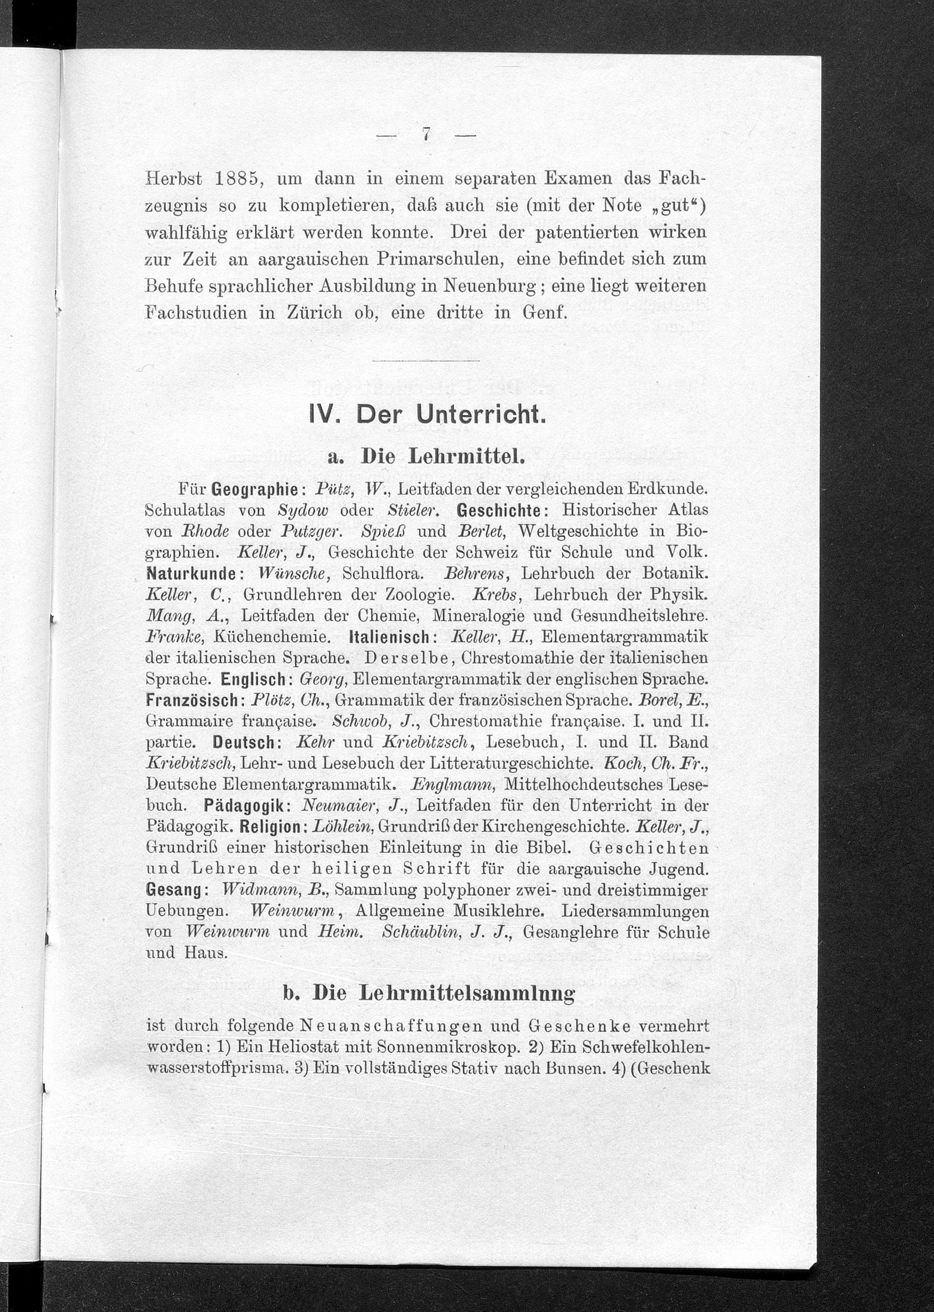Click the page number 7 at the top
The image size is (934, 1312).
point(425,133)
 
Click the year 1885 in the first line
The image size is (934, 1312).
point(233,178)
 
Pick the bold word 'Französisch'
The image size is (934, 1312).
point(196,701)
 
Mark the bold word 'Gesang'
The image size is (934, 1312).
point(173,890)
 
